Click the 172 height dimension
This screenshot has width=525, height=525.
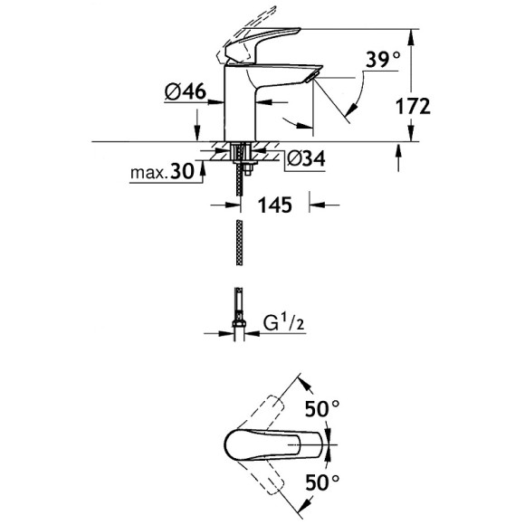click(x=413, y=107)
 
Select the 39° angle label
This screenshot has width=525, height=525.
click(x=382, y=60)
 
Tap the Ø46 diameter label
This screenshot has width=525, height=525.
click(x=186, y=91)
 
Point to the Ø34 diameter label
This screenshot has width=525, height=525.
click(x=306, y=158)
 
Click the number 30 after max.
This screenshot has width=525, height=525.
click(x=182, y=171)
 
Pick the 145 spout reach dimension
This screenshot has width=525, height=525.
click(x=274, y=205)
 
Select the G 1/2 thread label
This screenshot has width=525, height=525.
click(x=284, y=323)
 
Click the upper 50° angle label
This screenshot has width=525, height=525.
click(x=322, y=408)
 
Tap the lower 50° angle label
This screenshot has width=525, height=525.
click(x=322, y=482)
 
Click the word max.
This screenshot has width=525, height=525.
click(x=149, y=173)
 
